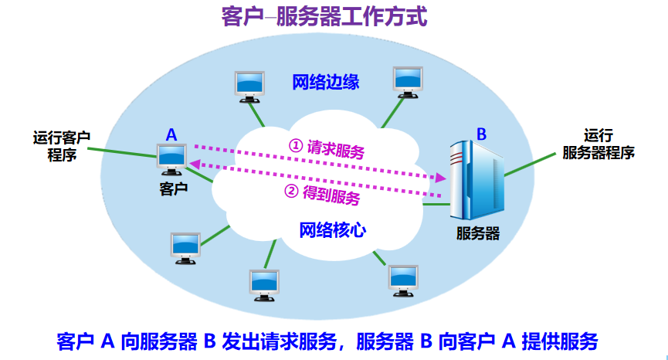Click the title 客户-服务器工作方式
tap(324, 18)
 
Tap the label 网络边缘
tap(325, 82)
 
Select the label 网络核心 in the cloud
tap(333, 230)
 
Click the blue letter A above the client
tap(171, 135)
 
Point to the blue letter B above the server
tap(481, 134)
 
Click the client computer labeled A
tap(171, 159)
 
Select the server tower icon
tap(476, 180)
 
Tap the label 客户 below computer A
tap(174, 188)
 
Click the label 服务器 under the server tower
tap(477, 233)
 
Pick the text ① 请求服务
tap(327, 148)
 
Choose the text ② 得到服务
tap(323, 194)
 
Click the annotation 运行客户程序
tap(62, 146)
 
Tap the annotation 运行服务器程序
tap(598, 144)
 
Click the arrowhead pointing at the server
tap(440, 177)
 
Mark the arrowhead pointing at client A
tap(195, 164)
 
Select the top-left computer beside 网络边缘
tap(249, 87)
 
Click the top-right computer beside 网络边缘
tap(408, 82)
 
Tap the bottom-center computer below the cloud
tap(265, 285)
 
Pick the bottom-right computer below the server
tap(403, 280)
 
